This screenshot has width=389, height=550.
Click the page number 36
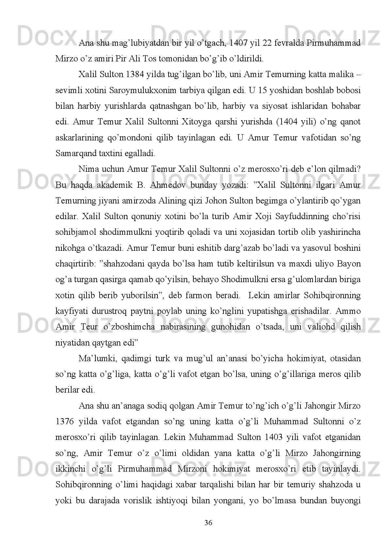[208, 532]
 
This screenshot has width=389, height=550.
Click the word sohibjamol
[73, 232]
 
